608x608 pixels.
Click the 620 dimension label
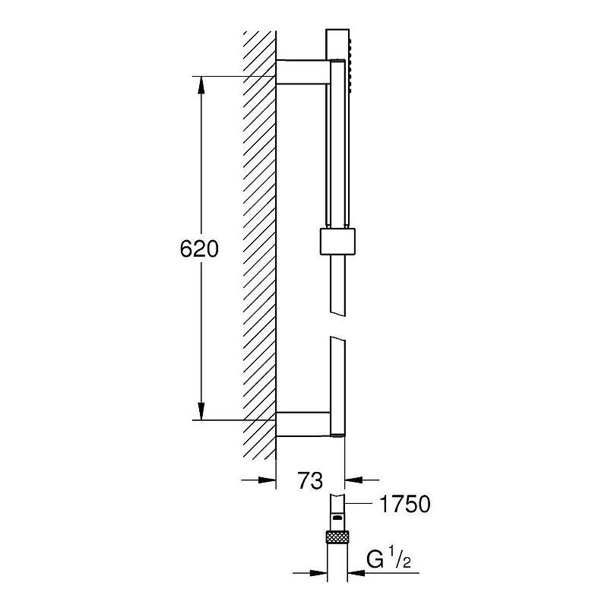pos(199,249)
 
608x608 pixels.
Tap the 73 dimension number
pos(310,480)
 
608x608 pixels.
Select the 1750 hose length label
pos(405,504)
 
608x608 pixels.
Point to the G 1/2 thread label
pos(388,558)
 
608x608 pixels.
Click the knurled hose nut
pos(337,537)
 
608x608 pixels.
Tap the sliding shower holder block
pos(337,242)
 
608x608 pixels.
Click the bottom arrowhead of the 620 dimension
pos(201,411)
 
